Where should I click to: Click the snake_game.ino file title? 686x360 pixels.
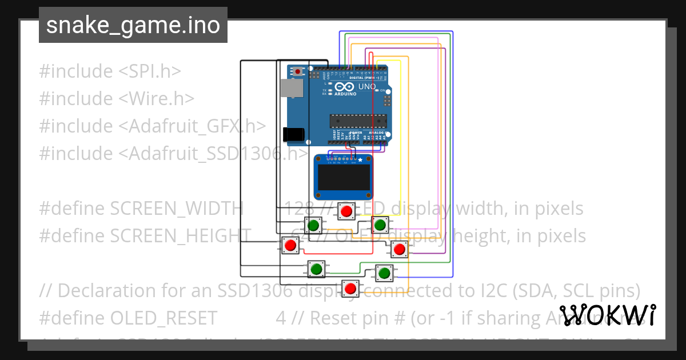click(x=133, y=26)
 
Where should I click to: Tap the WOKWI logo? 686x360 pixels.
click(x=607, y=315)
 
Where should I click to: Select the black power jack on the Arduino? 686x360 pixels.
click(x=293, y=134)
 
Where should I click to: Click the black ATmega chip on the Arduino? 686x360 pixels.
click(x=358, y=119)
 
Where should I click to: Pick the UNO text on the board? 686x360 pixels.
click(x=366, y=87)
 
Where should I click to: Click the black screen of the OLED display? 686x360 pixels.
click(x=343, y=178)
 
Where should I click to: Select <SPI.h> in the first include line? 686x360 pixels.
click(x=150, y=71)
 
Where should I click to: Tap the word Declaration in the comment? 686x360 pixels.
click(x=106, y=291)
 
